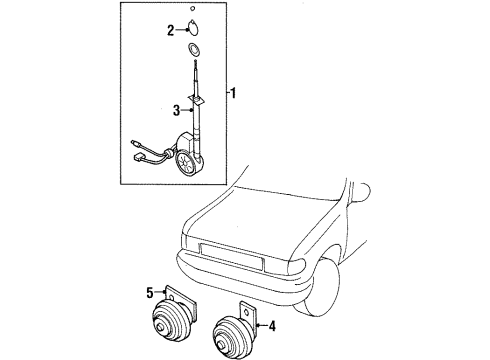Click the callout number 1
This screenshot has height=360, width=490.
(x=233, y=93)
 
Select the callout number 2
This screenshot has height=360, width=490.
(x=171, y=30)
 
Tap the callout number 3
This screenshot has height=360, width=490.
(x=177, y=110)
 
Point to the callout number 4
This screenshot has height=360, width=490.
(x=272, y=326)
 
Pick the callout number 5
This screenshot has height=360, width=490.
(x=150, y=293)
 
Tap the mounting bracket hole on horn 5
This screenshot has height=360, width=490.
(x=171, y=298)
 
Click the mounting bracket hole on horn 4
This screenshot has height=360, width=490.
(x=247, y=311)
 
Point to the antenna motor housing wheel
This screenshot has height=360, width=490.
(x=184, y=163)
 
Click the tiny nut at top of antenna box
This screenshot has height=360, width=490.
(x=192, y=8)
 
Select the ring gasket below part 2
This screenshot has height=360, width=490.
(x=193, y=49)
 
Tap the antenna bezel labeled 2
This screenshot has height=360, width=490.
(x=192, y=28)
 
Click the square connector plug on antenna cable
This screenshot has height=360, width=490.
(x=138, y=156)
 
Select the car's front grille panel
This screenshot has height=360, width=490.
(x=231, y=257)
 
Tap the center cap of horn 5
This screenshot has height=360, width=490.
(x=162, y=327)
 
